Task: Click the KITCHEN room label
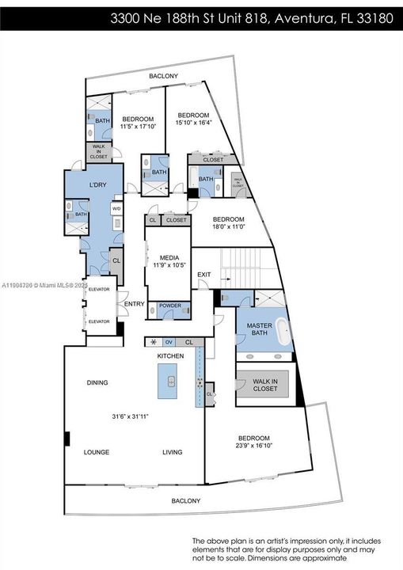pyautogui.click(x=170, y=356)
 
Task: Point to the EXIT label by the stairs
pyautogui.click(x=204, y=275)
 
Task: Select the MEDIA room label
pyautogui.click(x=169, y=258)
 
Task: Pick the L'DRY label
pyautogui.click(x=97, y=189)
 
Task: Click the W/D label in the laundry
pyautogui.click(x=117, y=209)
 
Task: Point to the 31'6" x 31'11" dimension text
pyautogui.click(x=131, y=416)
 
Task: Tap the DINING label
pyautogui.click(x=97, y=382)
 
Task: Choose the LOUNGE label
pyautogui.click(x=97, y=452)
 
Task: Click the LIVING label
pyautogui.click(x=172, y=452)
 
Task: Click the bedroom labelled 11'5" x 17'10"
pyautogui.click(x=138, y=123)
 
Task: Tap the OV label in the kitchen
pyautogui.click(x=168, y=342)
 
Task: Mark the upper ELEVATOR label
pyautogui.click(x=98, y=289)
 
